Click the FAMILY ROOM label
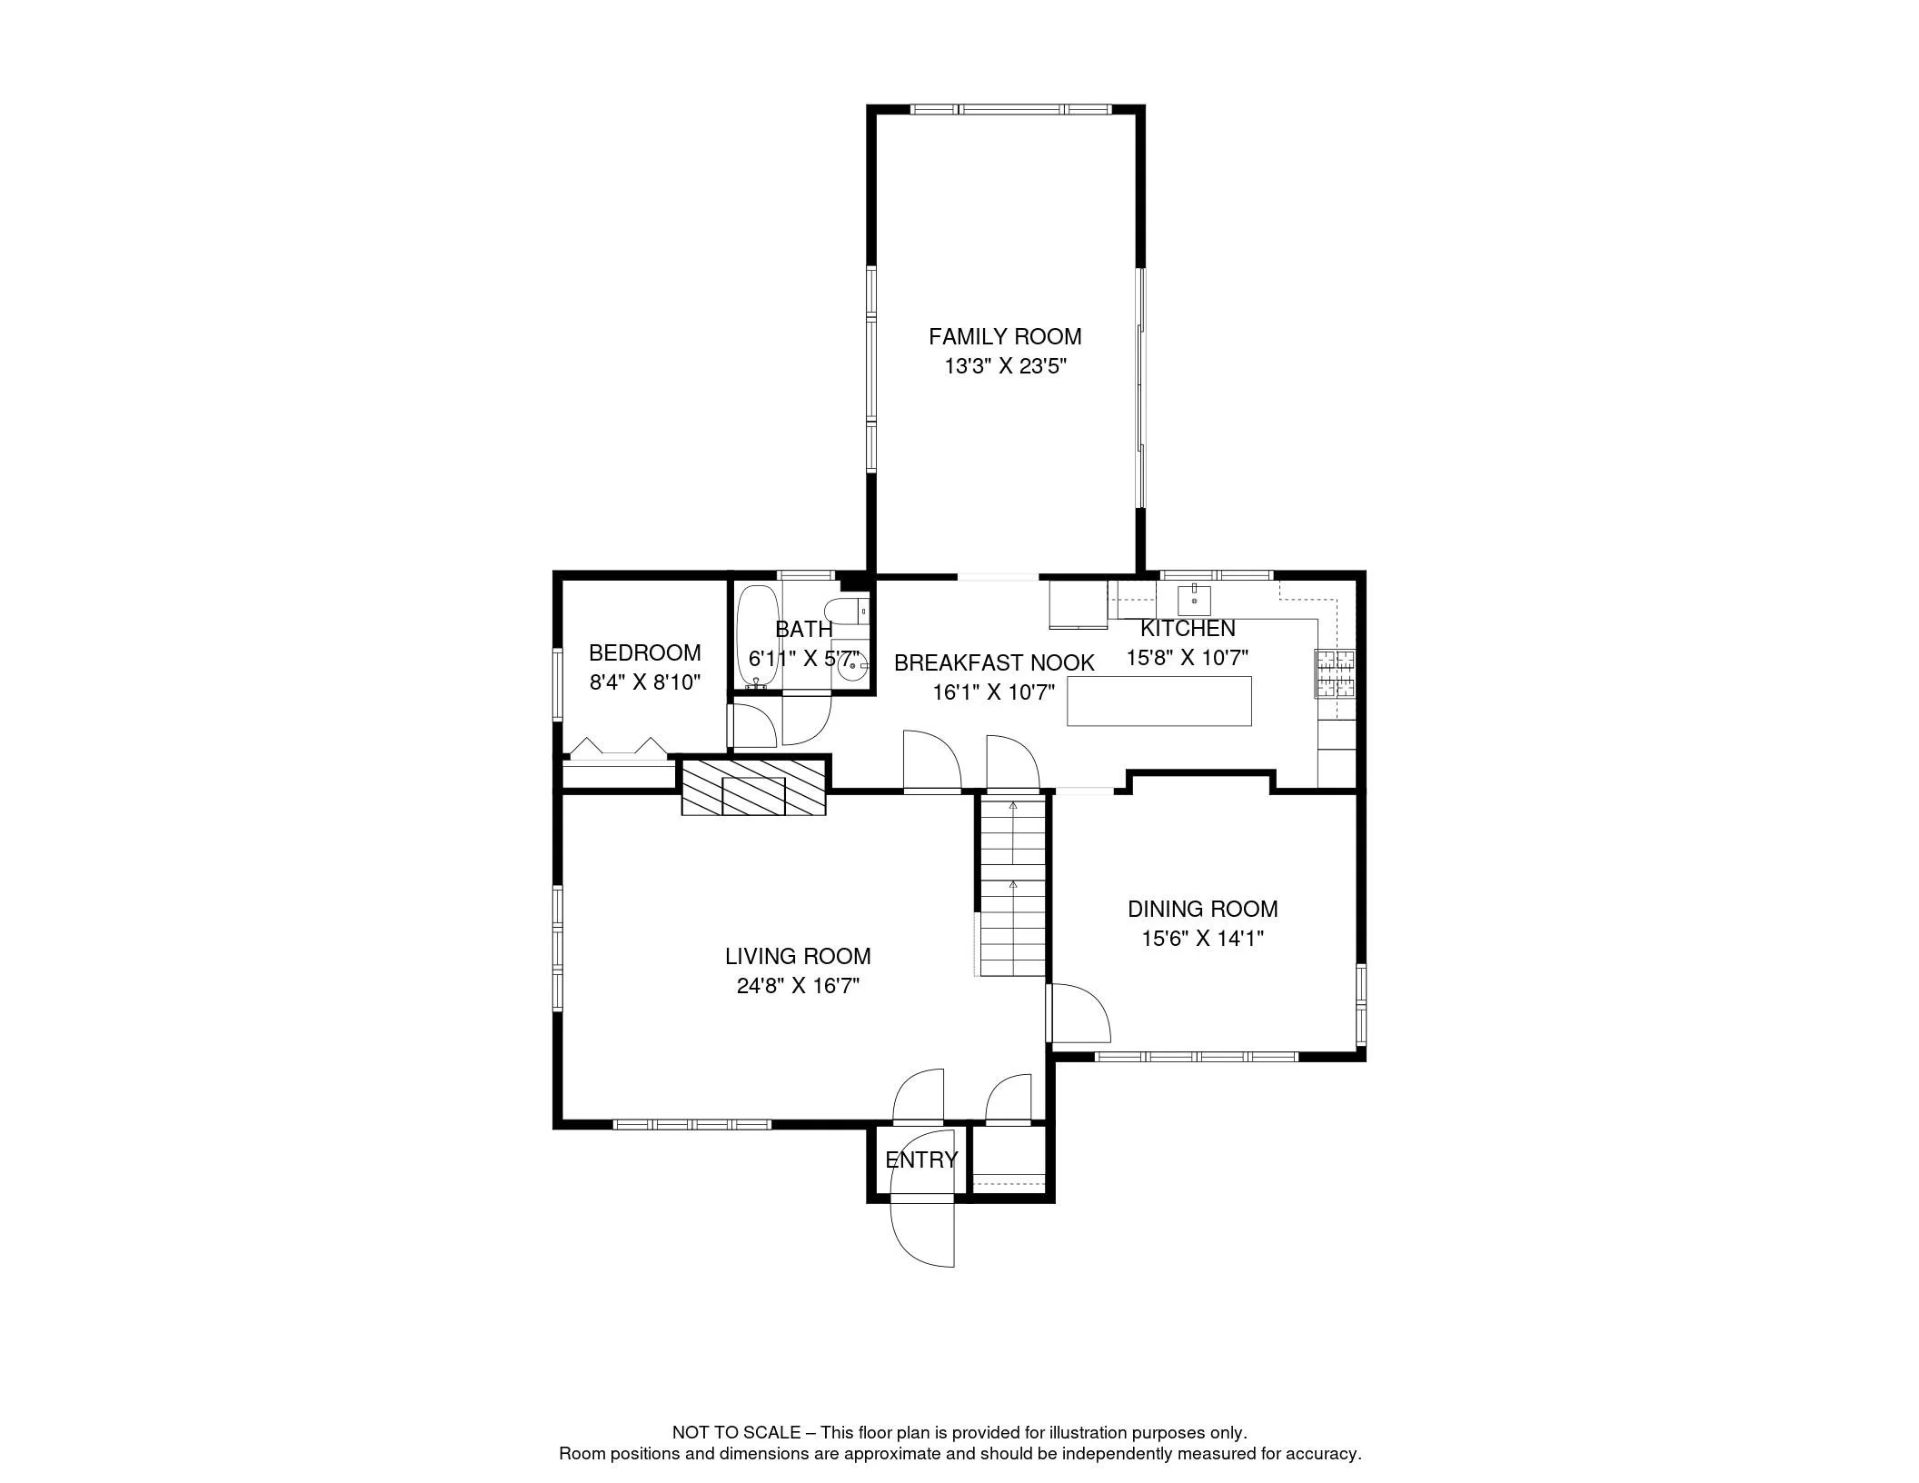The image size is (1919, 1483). tap(1004, 337)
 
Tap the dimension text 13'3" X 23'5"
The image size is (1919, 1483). tap(1004, 367)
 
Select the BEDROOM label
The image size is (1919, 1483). tap(644, 652)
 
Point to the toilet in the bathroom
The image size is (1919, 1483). tap(847, 612)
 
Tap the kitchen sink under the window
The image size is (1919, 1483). tap(1193, 600)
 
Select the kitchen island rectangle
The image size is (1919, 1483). tap(1158, 701)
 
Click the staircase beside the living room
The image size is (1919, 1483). tap(1013, 886)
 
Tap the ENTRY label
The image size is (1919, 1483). tap(920, 1160)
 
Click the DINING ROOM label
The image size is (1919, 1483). tap(1202, 909)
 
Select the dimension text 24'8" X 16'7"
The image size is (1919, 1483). tap(798, 986)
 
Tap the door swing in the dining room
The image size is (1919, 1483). tap(1081, 1013)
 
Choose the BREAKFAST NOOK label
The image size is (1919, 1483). tap(994, 662)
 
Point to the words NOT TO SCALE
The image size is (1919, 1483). tap(736, 1433)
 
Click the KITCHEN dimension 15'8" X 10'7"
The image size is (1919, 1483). tap(1188, 658)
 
